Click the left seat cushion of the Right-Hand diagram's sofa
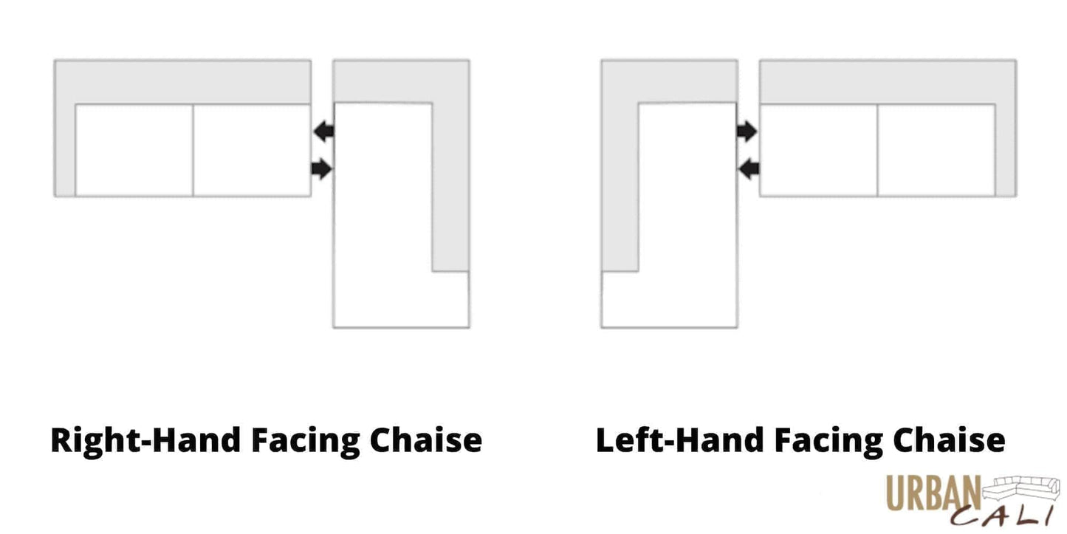click(134, 151)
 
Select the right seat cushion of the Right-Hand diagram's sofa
click(251, 151)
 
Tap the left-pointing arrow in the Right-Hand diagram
click(323, 131)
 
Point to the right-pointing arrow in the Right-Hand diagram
click(322, 169)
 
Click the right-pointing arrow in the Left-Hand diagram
click(747, 131)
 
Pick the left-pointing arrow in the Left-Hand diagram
click(749, 169)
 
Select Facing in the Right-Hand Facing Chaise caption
click(305, 442)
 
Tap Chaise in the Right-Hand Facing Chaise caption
click(425, 440)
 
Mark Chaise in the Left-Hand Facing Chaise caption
click(948, 440)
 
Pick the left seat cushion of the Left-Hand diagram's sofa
click(818, 151)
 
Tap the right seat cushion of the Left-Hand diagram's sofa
click(936, 151)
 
